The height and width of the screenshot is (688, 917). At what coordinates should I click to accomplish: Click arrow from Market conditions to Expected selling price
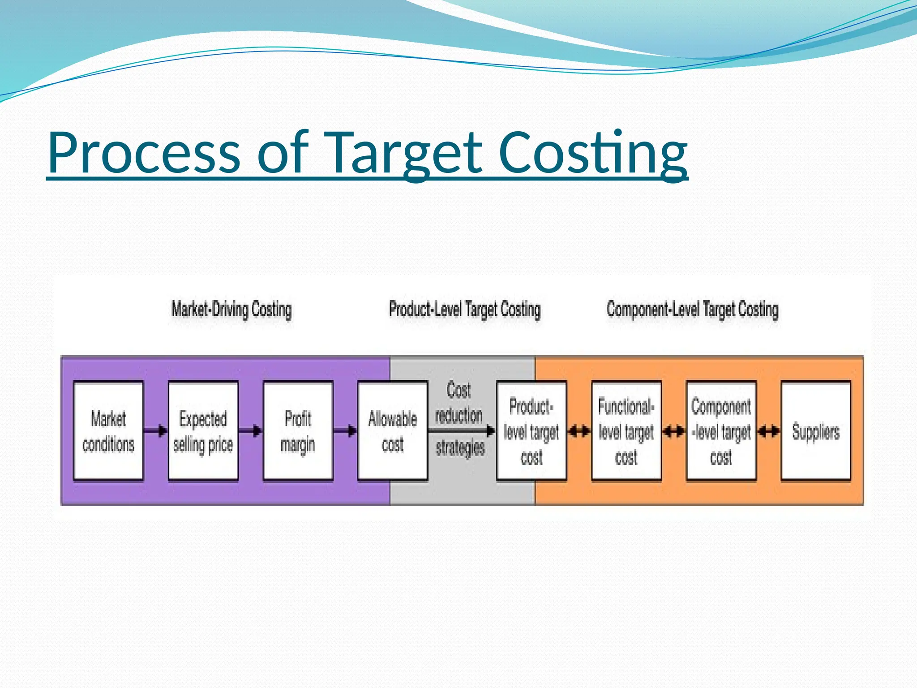[x=156, y=431]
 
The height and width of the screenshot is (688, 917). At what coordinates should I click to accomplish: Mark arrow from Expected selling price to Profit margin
[x=251, y=431]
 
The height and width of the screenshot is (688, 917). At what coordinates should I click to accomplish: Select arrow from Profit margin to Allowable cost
[x=345, y=431]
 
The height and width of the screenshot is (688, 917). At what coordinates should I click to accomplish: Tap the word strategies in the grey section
[x=460, y=447]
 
